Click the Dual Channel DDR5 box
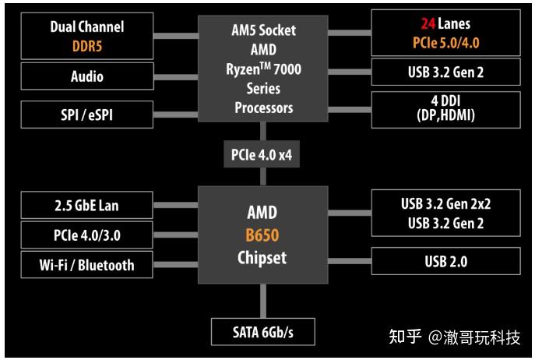point(87,36)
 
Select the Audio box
point(87,76)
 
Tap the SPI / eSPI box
point(87,115)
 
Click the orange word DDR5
point(87,45)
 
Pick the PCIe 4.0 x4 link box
point(262,154)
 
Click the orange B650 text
point(262,235)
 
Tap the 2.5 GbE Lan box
point(87,206)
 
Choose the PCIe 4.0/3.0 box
point(87,234)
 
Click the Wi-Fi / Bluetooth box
point(87,265)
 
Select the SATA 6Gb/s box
point(262,333)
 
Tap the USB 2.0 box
point(445,261)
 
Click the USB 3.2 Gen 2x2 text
point(445,204)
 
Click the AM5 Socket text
point(262,31)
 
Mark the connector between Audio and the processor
point(176,76)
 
